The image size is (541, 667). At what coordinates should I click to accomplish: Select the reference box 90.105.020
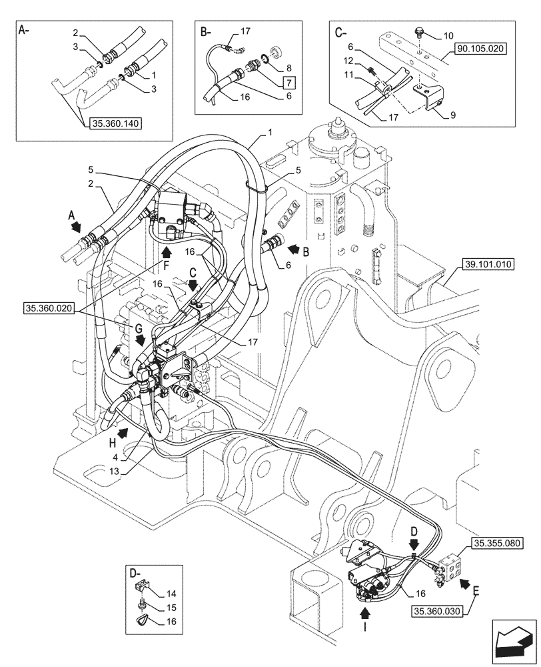[x=482, y=49]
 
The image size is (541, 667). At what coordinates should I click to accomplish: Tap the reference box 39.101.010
[x=486, y=265]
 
